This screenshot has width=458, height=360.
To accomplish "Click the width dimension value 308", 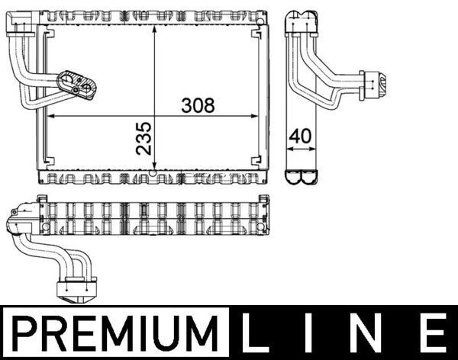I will coord(198,105).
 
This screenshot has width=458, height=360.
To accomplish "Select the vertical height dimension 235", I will coord(143,137).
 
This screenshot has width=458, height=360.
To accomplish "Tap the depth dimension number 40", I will coord(301,137).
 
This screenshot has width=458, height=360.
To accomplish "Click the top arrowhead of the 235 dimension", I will coord(155,27).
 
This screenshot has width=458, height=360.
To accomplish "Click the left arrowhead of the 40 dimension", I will coord(289,149).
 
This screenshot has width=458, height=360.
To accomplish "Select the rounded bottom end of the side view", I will coord(301,178).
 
